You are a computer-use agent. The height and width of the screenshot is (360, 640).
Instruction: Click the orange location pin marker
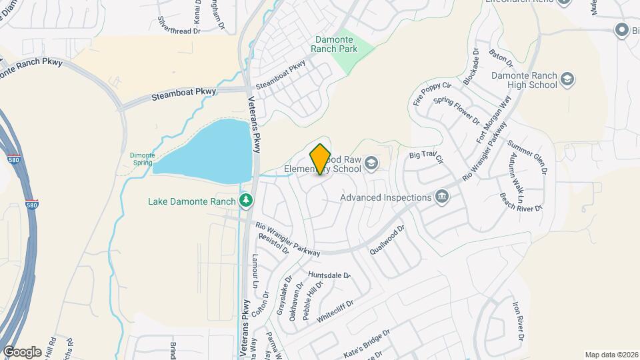pos(320,159)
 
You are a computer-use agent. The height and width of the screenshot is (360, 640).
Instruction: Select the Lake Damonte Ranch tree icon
pos(246,199)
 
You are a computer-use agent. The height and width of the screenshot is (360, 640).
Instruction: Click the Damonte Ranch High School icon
pos(568,80)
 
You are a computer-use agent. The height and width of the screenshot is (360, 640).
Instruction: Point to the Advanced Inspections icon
pos(441,197)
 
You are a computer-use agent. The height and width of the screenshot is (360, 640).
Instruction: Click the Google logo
pos(22,351)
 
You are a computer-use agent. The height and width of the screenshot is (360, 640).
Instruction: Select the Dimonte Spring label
pos(142,158)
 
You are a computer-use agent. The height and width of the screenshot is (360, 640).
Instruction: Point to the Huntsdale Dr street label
pos(329,275)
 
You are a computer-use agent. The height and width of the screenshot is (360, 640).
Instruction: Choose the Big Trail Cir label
pos(426,157)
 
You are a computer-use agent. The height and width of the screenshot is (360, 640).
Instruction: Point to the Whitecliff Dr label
pos(335,311)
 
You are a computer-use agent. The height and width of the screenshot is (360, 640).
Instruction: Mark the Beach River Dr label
pos(521,203)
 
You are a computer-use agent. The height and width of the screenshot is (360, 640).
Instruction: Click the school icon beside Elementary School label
pos(371,163)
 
